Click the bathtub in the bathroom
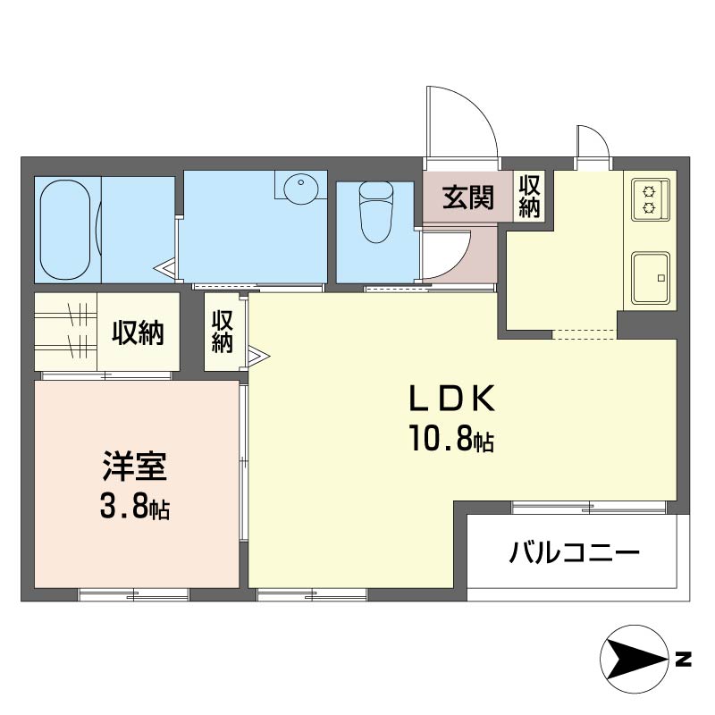tap(64, 230)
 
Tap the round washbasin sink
tap(301, 188)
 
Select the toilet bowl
tap(376, 212)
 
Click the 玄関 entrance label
tap(468, 198)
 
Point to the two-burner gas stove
tap(651, 199)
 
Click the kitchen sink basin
tap(651, 278)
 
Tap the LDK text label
tap(451, 399)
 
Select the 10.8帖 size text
tap(451, 438)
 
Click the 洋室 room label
tap(135, 466)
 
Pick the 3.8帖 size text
tap(135, 507)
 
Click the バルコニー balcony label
tap(574, 553)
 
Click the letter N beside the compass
tap(683, 660)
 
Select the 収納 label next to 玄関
tap(529, 196)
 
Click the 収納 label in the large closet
tap(138, 332)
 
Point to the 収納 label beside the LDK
tap(222, 331)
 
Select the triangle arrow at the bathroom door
tap(165, 269)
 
